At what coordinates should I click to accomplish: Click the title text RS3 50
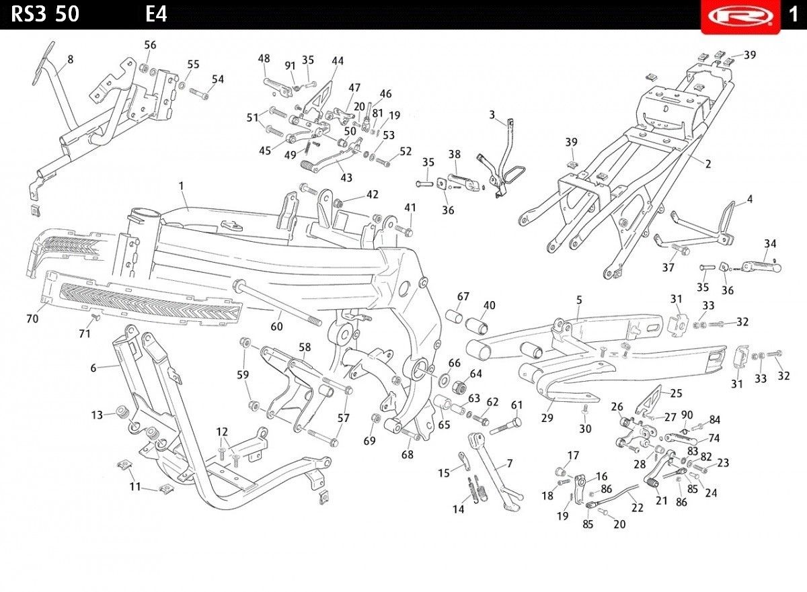click(45, 14)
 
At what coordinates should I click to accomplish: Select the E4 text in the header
click(156, 14)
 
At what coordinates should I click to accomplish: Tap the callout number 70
click(32, 319)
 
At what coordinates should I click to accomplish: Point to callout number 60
click(276, 327)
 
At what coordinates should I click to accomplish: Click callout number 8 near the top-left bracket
click(70, 59)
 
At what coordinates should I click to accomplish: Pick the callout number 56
click(150, 45)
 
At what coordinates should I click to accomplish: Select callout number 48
click(264, 58)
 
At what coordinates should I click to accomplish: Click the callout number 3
click(492, 114)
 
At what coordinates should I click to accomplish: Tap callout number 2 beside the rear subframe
click(707, 163)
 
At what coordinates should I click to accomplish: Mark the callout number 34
click(770, 243)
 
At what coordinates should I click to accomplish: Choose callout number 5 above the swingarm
click(579, 300)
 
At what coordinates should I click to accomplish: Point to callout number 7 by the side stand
click(509, 464)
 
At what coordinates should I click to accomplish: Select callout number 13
click(97, 415)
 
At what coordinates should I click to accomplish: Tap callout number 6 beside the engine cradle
click(95, 368)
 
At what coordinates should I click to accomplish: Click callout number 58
click(305, 347)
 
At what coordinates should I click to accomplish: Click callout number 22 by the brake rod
click(637, 508)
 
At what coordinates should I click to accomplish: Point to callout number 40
click(489, 305)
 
